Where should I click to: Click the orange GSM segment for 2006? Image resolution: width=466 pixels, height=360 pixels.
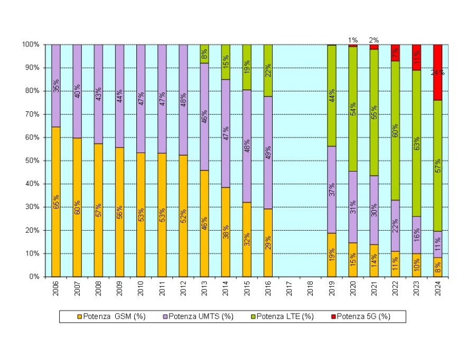(56, 222)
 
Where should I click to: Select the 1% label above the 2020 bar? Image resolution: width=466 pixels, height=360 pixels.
(352, 40)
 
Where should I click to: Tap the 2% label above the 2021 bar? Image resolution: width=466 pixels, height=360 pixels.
(374, 40)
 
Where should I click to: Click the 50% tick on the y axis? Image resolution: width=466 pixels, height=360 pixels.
(32, 160)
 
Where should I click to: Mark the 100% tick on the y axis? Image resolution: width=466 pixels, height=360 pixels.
(30, 44)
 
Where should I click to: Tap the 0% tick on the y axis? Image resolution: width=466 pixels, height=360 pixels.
(33, 277)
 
